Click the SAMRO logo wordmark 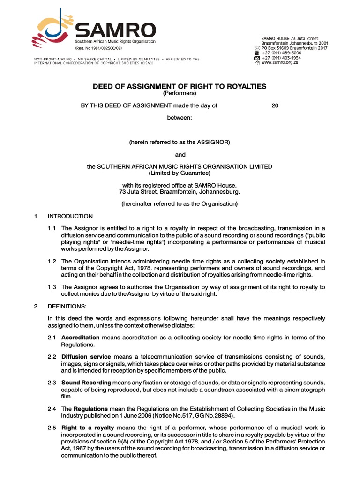115,31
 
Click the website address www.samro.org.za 280,63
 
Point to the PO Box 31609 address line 294,48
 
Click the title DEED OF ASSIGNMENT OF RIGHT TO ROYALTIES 180,86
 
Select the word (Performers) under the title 180,93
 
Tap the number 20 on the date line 275,105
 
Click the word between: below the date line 180,118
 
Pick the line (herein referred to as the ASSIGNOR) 180,142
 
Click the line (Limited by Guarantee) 180,173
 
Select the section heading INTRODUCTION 70,216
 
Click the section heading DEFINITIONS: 67,306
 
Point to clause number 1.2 52,261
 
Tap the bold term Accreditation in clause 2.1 81,337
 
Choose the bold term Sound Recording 86,382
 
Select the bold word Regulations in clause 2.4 91,409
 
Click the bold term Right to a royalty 88,428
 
